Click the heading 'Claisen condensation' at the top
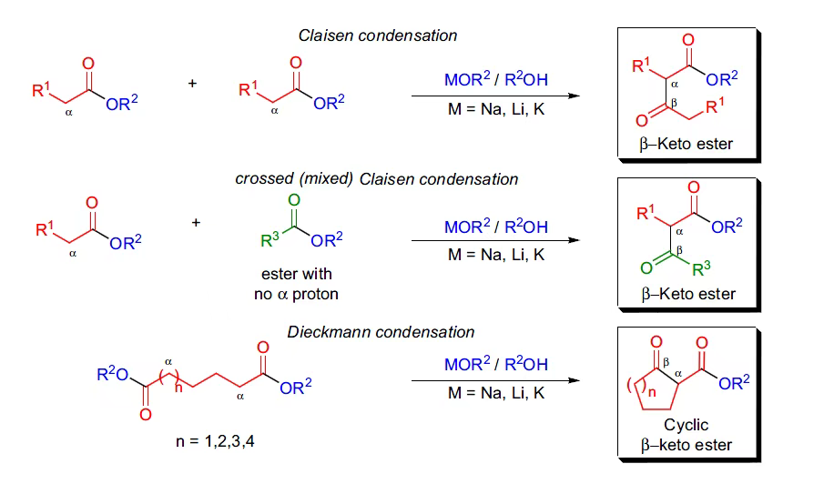(378, 35)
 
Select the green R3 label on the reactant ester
(269, 241)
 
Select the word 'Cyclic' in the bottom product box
(687, 425)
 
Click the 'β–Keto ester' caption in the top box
(687, 143)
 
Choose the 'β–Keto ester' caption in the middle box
(687, 294)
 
